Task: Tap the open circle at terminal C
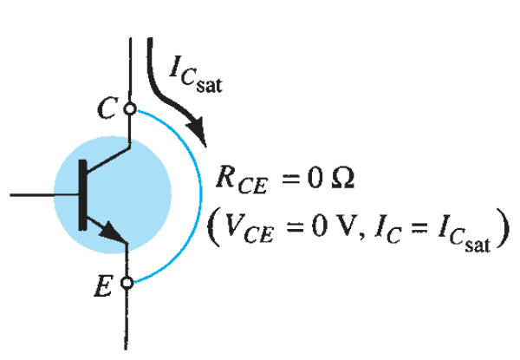129,109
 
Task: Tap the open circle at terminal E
129,281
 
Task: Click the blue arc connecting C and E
190,195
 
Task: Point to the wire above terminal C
129,69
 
